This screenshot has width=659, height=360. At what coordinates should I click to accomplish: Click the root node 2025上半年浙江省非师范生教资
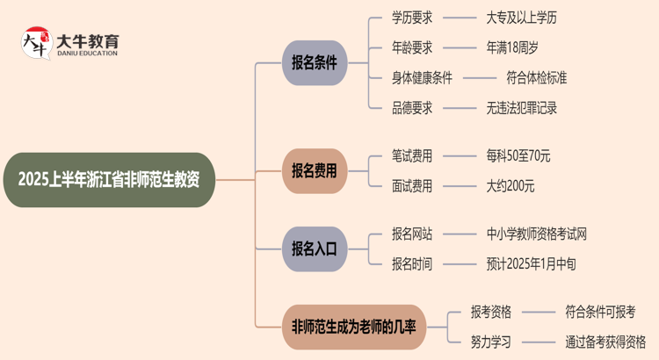(x=109, y=180)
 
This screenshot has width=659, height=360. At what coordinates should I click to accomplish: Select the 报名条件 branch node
(x=315, y=62)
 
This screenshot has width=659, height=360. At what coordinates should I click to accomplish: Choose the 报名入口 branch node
(x=315, y=248)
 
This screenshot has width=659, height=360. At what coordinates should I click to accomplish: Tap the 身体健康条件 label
(x=423, y=77)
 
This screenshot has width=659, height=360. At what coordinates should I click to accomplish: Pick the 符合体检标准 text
(x=537, y=77)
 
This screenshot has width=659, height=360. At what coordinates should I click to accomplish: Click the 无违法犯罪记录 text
(x=522, y=108)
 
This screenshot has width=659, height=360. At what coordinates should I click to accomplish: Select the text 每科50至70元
(x=518, y=155)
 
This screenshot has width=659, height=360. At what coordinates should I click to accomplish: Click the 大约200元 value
(x=511, y=185)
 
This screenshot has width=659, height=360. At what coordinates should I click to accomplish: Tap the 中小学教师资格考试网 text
(x=537, y=234)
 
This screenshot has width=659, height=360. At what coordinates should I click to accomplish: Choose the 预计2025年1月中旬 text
(x=532, y=263)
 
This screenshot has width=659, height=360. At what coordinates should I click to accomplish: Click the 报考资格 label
(x=491, y=312)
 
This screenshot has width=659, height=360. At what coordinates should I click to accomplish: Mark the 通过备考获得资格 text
(x=606, y=342)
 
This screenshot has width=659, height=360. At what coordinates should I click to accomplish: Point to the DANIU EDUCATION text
(x=87, y=53)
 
